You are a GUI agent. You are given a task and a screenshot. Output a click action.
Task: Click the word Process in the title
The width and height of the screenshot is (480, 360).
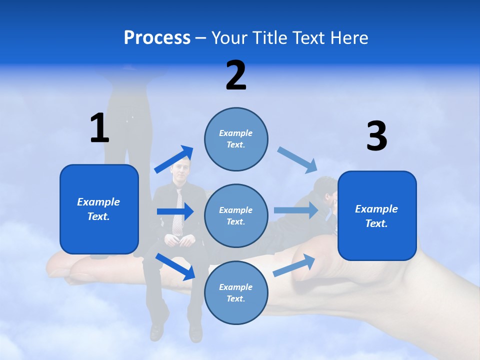pos(157,37)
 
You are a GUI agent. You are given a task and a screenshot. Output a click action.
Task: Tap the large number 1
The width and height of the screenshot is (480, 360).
pos(99,128)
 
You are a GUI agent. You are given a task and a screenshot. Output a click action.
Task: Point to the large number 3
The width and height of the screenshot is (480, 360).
pos(376,136)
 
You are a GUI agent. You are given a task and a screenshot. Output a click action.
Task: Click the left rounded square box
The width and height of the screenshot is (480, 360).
pos(99,209)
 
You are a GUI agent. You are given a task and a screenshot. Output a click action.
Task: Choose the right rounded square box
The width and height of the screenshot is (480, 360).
pos(377,215)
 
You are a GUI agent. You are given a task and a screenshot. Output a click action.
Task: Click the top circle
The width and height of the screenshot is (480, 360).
pos(236,139)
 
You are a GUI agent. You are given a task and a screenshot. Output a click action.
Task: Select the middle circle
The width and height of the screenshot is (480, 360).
pos(236,215)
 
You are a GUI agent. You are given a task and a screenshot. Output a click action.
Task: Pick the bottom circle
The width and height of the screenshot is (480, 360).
pos(236,292)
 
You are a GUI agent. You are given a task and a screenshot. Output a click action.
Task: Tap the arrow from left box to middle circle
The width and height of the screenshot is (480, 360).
pos(175,211)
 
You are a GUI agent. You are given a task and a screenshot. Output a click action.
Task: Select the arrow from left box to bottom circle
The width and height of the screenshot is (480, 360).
pos(175,266)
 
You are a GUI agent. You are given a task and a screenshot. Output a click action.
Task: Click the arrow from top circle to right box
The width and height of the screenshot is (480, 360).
pos(297,159)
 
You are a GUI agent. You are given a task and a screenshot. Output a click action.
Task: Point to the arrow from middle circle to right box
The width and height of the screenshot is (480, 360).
pos(296,210)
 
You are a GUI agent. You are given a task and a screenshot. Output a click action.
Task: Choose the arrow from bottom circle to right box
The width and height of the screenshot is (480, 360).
pos(294,265)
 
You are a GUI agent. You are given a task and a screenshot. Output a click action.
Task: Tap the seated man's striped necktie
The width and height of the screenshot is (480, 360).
pos(178,215)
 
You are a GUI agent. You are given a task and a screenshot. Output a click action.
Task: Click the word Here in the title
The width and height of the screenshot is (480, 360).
pos(349,37)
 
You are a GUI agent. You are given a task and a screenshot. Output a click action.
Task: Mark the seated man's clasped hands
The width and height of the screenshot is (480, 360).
pos(178,240)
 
